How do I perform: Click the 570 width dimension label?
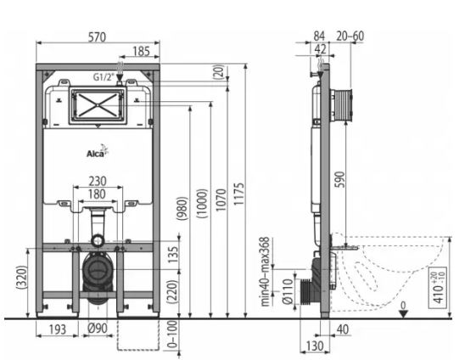(98, 37)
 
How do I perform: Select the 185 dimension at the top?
(141, 51)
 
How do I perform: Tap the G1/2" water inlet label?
(104, 77)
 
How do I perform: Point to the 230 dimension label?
(98, 181)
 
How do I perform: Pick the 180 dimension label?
(97, 194)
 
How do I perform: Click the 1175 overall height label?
(239, 194)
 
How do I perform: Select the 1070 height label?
(221, 200)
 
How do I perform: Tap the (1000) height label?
(202, 203)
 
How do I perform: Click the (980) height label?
(182, 208)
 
